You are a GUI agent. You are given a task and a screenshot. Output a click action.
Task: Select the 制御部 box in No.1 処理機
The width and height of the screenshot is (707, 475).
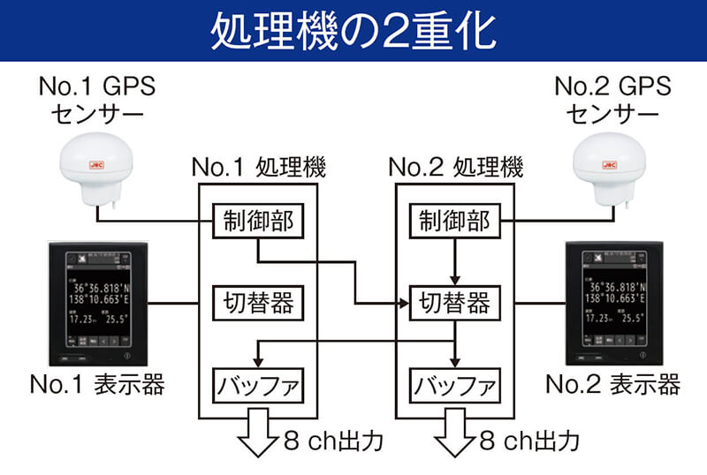[256, 222]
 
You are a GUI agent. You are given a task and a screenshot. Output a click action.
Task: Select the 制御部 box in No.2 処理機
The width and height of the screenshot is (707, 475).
[454, 222]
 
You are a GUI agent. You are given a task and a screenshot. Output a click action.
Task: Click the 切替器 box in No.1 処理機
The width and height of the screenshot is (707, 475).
[256, 304]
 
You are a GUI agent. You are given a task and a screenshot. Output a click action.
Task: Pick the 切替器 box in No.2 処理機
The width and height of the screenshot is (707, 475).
[454, 304]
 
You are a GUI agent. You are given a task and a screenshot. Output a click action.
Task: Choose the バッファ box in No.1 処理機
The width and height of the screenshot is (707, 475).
[256, 386]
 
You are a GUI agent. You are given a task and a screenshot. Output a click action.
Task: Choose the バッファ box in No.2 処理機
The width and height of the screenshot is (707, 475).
[454, 386]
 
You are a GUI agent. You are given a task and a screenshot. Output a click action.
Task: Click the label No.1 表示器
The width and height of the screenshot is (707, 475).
[96, 385]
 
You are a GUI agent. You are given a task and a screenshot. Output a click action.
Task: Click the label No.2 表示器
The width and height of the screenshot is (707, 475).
[612, 385]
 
